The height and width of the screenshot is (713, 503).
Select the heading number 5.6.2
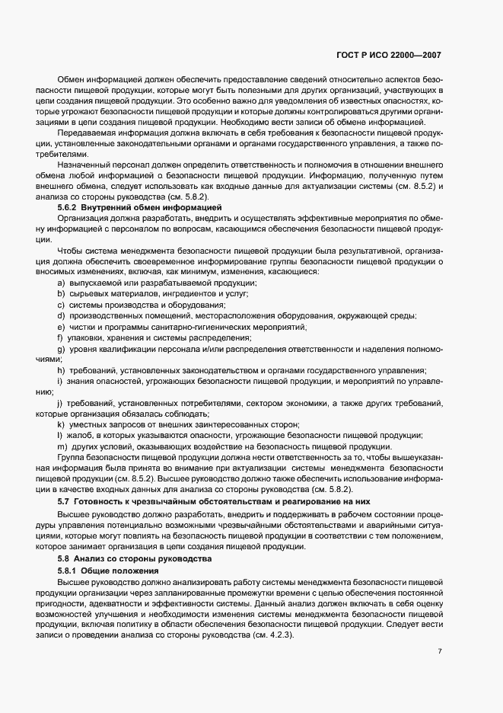click(x=69, y=207)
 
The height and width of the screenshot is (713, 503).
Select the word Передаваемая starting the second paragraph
click(x=83, y=133)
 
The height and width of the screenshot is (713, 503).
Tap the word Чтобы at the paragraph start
click(x=70, y=250)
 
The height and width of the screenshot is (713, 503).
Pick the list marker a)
click(x=60, y=283)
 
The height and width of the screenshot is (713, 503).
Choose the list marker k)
click(x=60, y=424)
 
